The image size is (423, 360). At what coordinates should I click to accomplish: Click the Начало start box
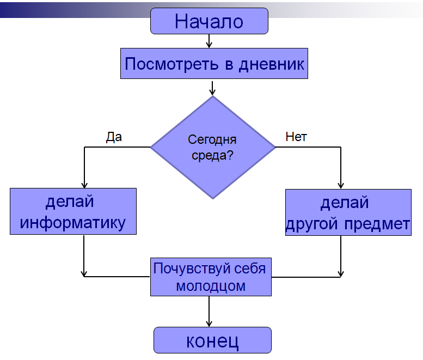pyautogui.click(x=209, y=21)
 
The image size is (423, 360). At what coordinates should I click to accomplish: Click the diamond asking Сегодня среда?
pyautogui.click(x=212, y=147)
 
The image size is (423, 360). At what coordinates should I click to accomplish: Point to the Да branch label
pyautogui.click(x=114, y=137)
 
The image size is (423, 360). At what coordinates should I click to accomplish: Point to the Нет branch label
pyautogui.click(x=296, y=137)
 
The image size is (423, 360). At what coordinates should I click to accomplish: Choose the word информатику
pyautogui.click(x=73, y=222)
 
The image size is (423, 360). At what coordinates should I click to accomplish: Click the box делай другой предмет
pyautogui.click(x=348, y=212)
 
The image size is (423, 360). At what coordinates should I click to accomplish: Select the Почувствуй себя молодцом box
pyautogui.click(x=211, y=277)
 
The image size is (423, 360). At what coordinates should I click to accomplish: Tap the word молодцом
pyautogui.click(x=211, y=285)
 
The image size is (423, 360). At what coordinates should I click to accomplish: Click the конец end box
pyautogui.click(x=212, y=340)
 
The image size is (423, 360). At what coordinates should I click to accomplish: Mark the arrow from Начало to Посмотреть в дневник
pyautogui.click(x=209, y=41)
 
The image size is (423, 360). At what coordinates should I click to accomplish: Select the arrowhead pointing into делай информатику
pyautogui.click(x=84, y=184)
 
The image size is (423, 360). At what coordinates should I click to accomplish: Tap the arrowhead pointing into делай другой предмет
pyautogui.click(x=341, y=185)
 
